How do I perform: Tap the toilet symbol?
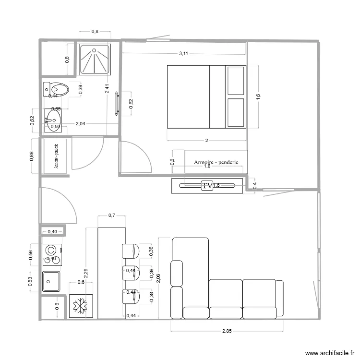coord(57,89)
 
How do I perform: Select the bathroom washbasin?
coord(53,120)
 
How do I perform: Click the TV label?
coord(207,185)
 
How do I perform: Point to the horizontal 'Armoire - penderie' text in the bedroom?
coord(216,162)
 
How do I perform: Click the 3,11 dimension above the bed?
coord(183,54)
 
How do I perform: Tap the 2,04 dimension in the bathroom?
coord(81,124)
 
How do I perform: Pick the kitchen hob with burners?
coord(51,254)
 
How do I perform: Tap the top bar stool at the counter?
coord(130,251)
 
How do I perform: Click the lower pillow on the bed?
coord(236,113)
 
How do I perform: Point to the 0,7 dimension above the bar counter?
coord(111,216)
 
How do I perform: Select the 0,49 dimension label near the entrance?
coord(52,232)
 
